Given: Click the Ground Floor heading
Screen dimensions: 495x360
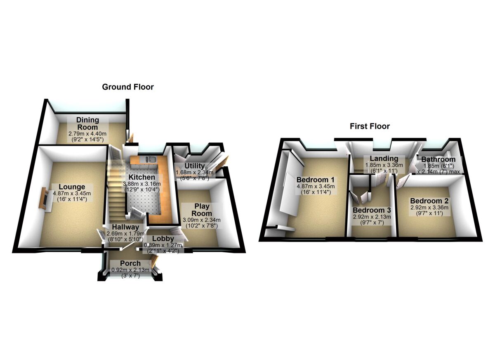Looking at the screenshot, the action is click(128, 87).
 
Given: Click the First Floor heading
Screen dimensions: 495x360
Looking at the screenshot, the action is click(370, 126).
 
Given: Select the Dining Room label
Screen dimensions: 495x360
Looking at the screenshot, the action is click(87, 123).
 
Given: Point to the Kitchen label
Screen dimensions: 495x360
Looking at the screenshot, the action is click(140, 177).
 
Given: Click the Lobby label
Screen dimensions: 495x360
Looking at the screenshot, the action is click(162, 239).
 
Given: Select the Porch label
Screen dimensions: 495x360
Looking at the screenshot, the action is click(130, 263).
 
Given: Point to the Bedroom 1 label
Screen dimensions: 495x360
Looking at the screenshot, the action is click(315, 180).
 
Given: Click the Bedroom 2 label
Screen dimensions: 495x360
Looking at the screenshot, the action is click(429, 201).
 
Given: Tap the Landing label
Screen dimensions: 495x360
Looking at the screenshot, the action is click(384, 159).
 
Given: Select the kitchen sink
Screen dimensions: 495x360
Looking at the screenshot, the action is click(150, 159).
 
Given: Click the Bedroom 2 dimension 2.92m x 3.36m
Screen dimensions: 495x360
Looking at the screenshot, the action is click(429, 207).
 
